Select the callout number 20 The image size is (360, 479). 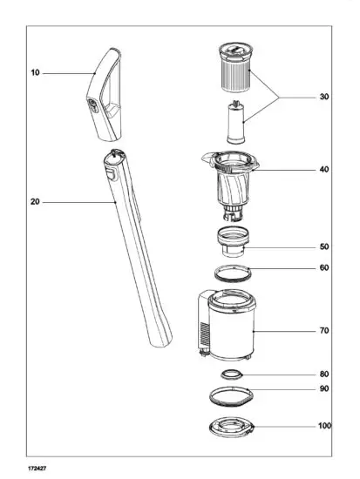35,202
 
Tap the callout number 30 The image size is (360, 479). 323,97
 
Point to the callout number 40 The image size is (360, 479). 323,169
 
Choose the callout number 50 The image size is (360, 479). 323,247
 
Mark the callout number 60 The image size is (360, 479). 323,268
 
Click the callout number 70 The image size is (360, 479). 323,332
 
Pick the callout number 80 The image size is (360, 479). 323,375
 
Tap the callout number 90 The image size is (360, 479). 323,388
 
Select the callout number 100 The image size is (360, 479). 323,428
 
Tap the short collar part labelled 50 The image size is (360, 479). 232,241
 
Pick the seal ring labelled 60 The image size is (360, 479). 232,272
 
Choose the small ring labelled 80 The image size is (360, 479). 231,374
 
